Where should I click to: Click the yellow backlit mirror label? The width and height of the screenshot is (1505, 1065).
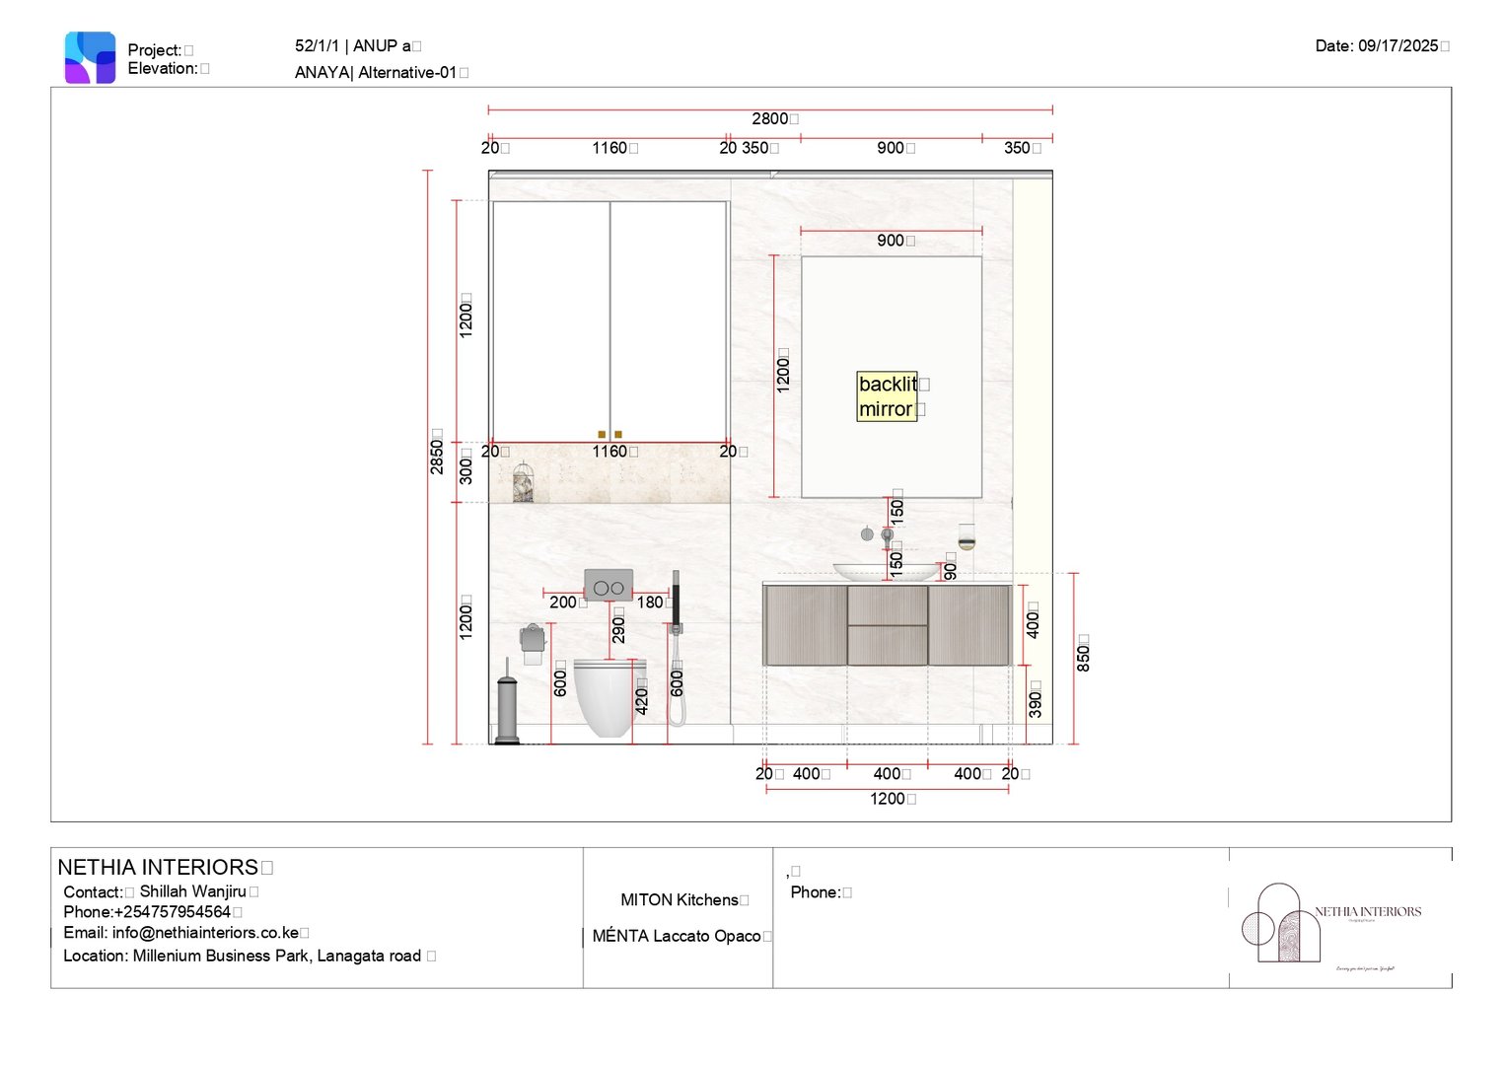click(888, 396)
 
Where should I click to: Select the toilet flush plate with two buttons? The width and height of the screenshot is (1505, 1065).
click(609, 586)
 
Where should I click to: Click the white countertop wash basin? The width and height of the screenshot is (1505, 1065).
click(886, 571)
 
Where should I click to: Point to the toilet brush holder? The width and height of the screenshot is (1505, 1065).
click(507, 705)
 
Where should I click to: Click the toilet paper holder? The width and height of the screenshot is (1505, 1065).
click(533, 642)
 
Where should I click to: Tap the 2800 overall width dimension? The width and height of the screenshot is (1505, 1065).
click(770, 119)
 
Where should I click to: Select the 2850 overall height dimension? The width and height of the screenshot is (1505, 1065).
click(436, 451)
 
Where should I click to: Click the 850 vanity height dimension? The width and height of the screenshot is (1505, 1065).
click(1083, 653)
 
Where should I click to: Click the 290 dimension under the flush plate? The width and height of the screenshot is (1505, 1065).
click(618, 626)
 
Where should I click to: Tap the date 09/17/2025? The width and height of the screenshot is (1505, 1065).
click(1378, 46)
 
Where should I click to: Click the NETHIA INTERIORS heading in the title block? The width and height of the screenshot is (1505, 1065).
click(158, 868)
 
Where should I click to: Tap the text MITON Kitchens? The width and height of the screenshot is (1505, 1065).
click(679, 900)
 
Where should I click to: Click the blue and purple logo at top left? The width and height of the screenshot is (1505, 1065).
click(90, 57)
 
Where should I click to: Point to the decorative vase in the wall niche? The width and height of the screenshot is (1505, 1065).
click(524, 483)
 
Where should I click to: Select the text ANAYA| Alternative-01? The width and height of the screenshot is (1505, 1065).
click(376, 73)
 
